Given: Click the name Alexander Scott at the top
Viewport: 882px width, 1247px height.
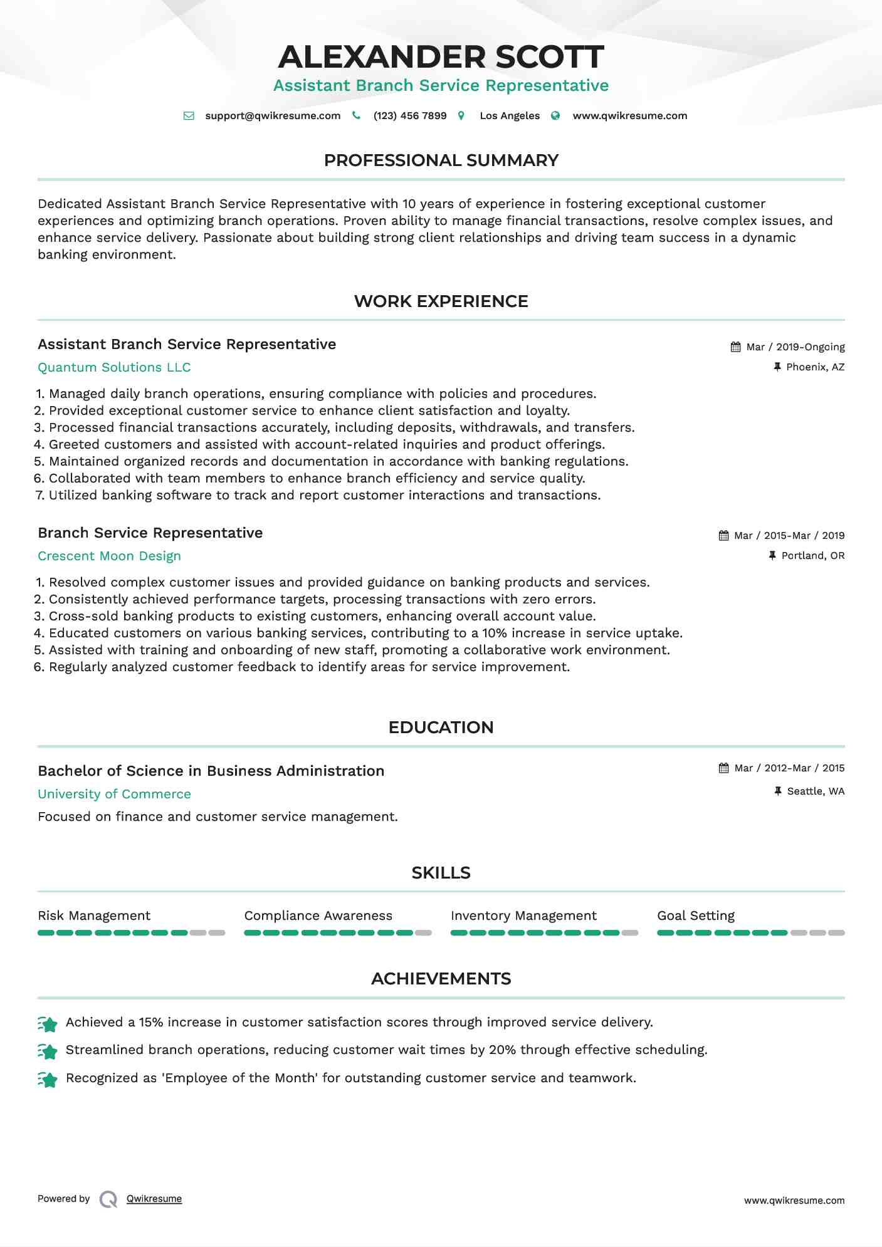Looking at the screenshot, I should (441, 57).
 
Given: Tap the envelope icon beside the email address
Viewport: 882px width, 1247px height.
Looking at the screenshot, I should (189, 116).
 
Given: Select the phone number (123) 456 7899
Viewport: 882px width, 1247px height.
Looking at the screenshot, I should (409, 116).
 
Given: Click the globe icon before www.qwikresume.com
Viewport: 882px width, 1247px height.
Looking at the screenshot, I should (555, 116).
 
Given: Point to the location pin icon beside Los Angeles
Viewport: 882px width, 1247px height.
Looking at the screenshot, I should (461, 116).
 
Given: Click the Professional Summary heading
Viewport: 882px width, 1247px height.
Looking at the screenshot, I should (441, 160).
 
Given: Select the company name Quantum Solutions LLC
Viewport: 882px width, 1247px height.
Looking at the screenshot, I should (114, 368).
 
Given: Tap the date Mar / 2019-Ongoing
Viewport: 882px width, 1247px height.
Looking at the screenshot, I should (795, 347).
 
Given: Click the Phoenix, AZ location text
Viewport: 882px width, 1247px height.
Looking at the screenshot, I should (815, 367).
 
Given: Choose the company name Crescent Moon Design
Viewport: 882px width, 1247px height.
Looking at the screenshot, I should (109, 556).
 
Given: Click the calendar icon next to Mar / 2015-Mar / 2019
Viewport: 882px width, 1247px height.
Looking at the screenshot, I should (723, 536).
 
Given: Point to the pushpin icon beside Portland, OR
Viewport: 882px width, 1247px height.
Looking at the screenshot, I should (772, 556).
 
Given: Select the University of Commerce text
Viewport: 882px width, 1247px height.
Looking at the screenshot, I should (114, 795).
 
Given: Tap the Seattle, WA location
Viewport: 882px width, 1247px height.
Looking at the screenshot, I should (816, 791).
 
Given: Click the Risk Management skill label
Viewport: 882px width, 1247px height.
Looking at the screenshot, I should (94, 916).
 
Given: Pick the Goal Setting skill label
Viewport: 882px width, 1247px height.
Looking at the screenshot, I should (696, 916).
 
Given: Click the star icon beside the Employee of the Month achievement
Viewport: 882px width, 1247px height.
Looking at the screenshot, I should (48, 1079).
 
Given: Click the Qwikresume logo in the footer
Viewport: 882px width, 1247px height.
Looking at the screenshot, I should (108, 1199).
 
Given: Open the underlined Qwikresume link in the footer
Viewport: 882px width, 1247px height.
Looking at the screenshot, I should (154, 1199).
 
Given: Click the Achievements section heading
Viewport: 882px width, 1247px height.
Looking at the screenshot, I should (441, 979).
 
